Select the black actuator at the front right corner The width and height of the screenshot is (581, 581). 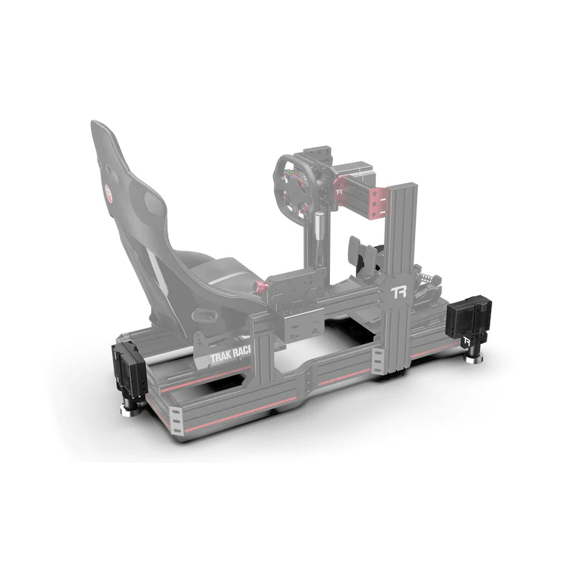[467, 320]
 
